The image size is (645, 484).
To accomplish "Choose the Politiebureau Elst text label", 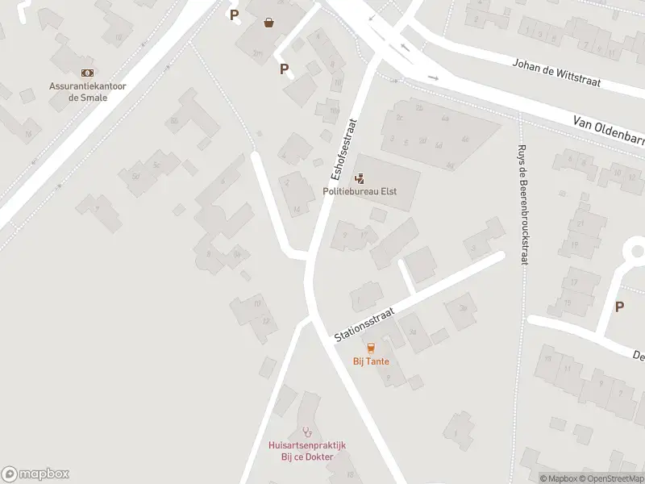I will [x=360, y=192].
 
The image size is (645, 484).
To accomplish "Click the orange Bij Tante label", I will [x=371, y=361].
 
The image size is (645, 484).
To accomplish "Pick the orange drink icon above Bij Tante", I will [x=371, y=348].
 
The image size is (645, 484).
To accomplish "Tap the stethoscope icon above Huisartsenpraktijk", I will [x=306, y=432].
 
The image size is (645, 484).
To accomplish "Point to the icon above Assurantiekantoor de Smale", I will [x=86, y=73].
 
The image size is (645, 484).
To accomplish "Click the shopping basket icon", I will [x=268, y=23].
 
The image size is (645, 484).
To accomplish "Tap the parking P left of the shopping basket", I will [x=235, y=15].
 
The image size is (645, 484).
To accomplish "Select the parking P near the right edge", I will [x=619, y=307].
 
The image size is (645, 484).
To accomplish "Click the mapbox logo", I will [x=35, y=474].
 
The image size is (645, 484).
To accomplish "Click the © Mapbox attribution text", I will [x=558, y=478].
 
